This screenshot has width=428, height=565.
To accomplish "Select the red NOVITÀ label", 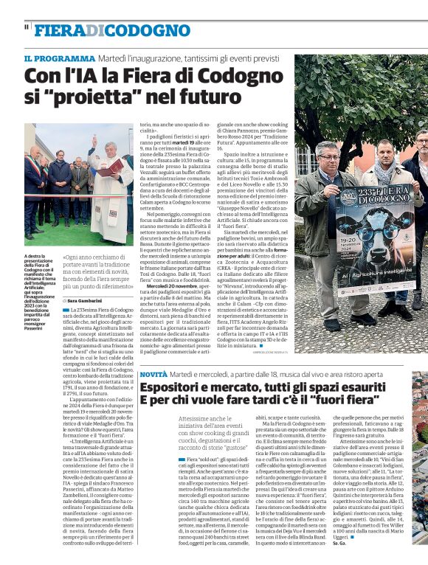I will pos(154,375).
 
